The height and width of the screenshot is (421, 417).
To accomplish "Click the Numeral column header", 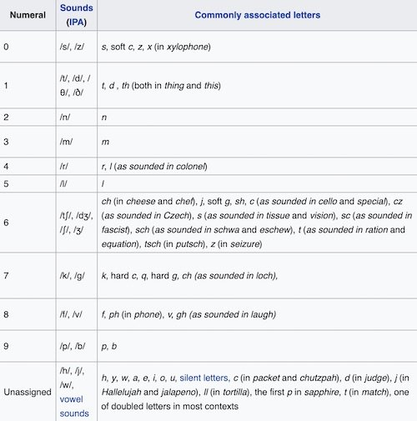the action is [28, 15].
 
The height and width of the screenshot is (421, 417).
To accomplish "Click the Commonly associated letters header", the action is [241, 15].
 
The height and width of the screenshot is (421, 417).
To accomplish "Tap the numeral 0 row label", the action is [7, 47].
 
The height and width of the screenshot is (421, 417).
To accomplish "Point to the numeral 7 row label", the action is [7, 275].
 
